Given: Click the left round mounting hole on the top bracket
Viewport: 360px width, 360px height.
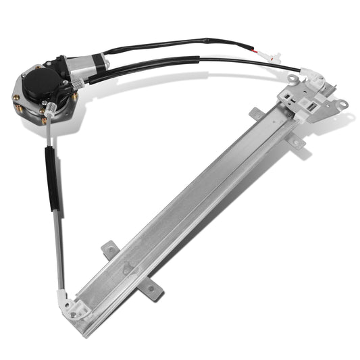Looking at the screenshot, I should coord(292,79).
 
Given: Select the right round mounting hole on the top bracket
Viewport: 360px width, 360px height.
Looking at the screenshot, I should coord(343,104).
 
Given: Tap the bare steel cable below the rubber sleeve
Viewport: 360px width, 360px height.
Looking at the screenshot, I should coord(59,250).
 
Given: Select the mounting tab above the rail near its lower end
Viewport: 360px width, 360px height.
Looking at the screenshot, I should coord(108,250).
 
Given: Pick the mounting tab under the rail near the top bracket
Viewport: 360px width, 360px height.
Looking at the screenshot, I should coord(296,143).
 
